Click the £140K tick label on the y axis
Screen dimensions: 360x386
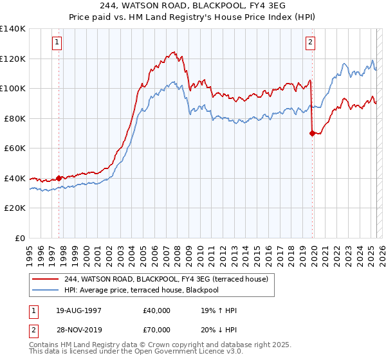(x=13, y=29)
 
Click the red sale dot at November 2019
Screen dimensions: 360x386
(x=312, y=134)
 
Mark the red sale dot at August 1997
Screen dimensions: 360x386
(x=59, y=178)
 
